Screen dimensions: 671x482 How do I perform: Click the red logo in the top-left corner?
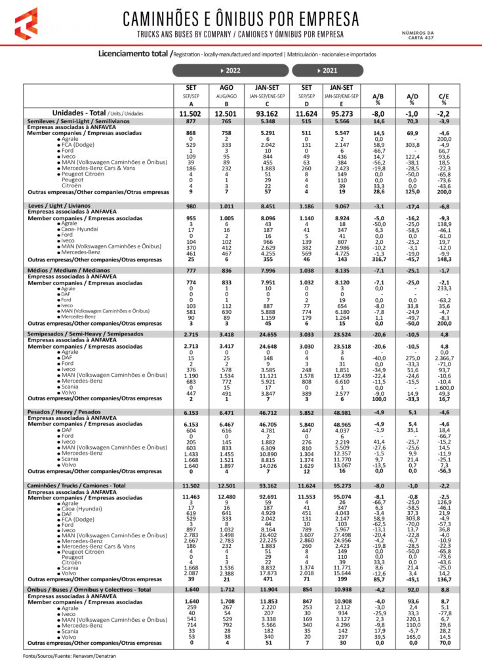pyautogui.click(x=26, y=24)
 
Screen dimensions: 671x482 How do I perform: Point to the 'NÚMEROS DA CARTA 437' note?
pyautogui.click(x=418, y=35)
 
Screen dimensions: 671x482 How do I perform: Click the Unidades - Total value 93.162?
pyautogui.click(x=264, y=113)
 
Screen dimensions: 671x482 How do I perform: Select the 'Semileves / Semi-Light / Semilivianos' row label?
pyautogui.click(x=79, y=122)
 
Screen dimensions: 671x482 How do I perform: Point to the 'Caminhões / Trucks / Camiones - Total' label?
pyautogui.click(x=77, y=486)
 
